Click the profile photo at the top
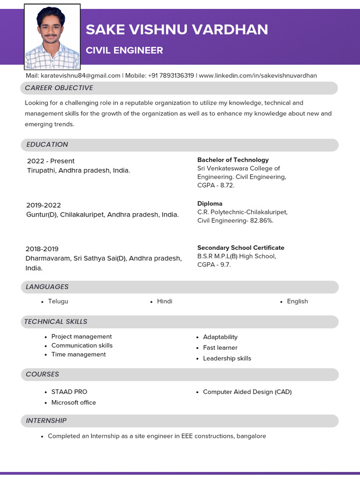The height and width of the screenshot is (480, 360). [x=52, y=37]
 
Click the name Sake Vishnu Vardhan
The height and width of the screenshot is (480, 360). [x=177, y=30]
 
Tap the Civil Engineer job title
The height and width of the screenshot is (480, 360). [x=124, y=50]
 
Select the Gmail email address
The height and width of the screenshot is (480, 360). [x=80, y=75]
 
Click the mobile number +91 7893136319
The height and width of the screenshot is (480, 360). [x=171, y=75]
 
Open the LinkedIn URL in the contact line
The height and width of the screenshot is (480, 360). [x=258, y=75]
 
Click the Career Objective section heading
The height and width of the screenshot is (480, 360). [x=59, y=88]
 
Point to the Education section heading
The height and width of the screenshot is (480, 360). [x=47, y=144]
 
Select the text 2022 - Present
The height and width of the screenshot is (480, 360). [x=51, y=161]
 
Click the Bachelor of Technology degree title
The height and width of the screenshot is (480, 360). [x=233, y=160]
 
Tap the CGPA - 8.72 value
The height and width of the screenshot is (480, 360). [x=216, y=185]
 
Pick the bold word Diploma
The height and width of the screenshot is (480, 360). [x=210, y=203]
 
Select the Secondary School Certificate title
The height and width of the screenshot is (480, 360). [x=240, y=247]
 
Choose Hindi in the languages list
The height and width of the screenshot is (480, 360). [x=165, y=301]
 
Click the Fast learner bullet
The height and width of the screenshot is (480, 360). [x=220, y=347]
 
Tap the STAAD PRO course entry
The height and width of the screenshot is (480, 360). [x=69, y=391]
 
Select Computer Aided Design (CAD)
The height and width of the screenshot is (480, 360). [x=247, y=391]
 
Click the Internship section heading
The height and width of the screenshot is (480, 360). [x=46, y=420]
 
